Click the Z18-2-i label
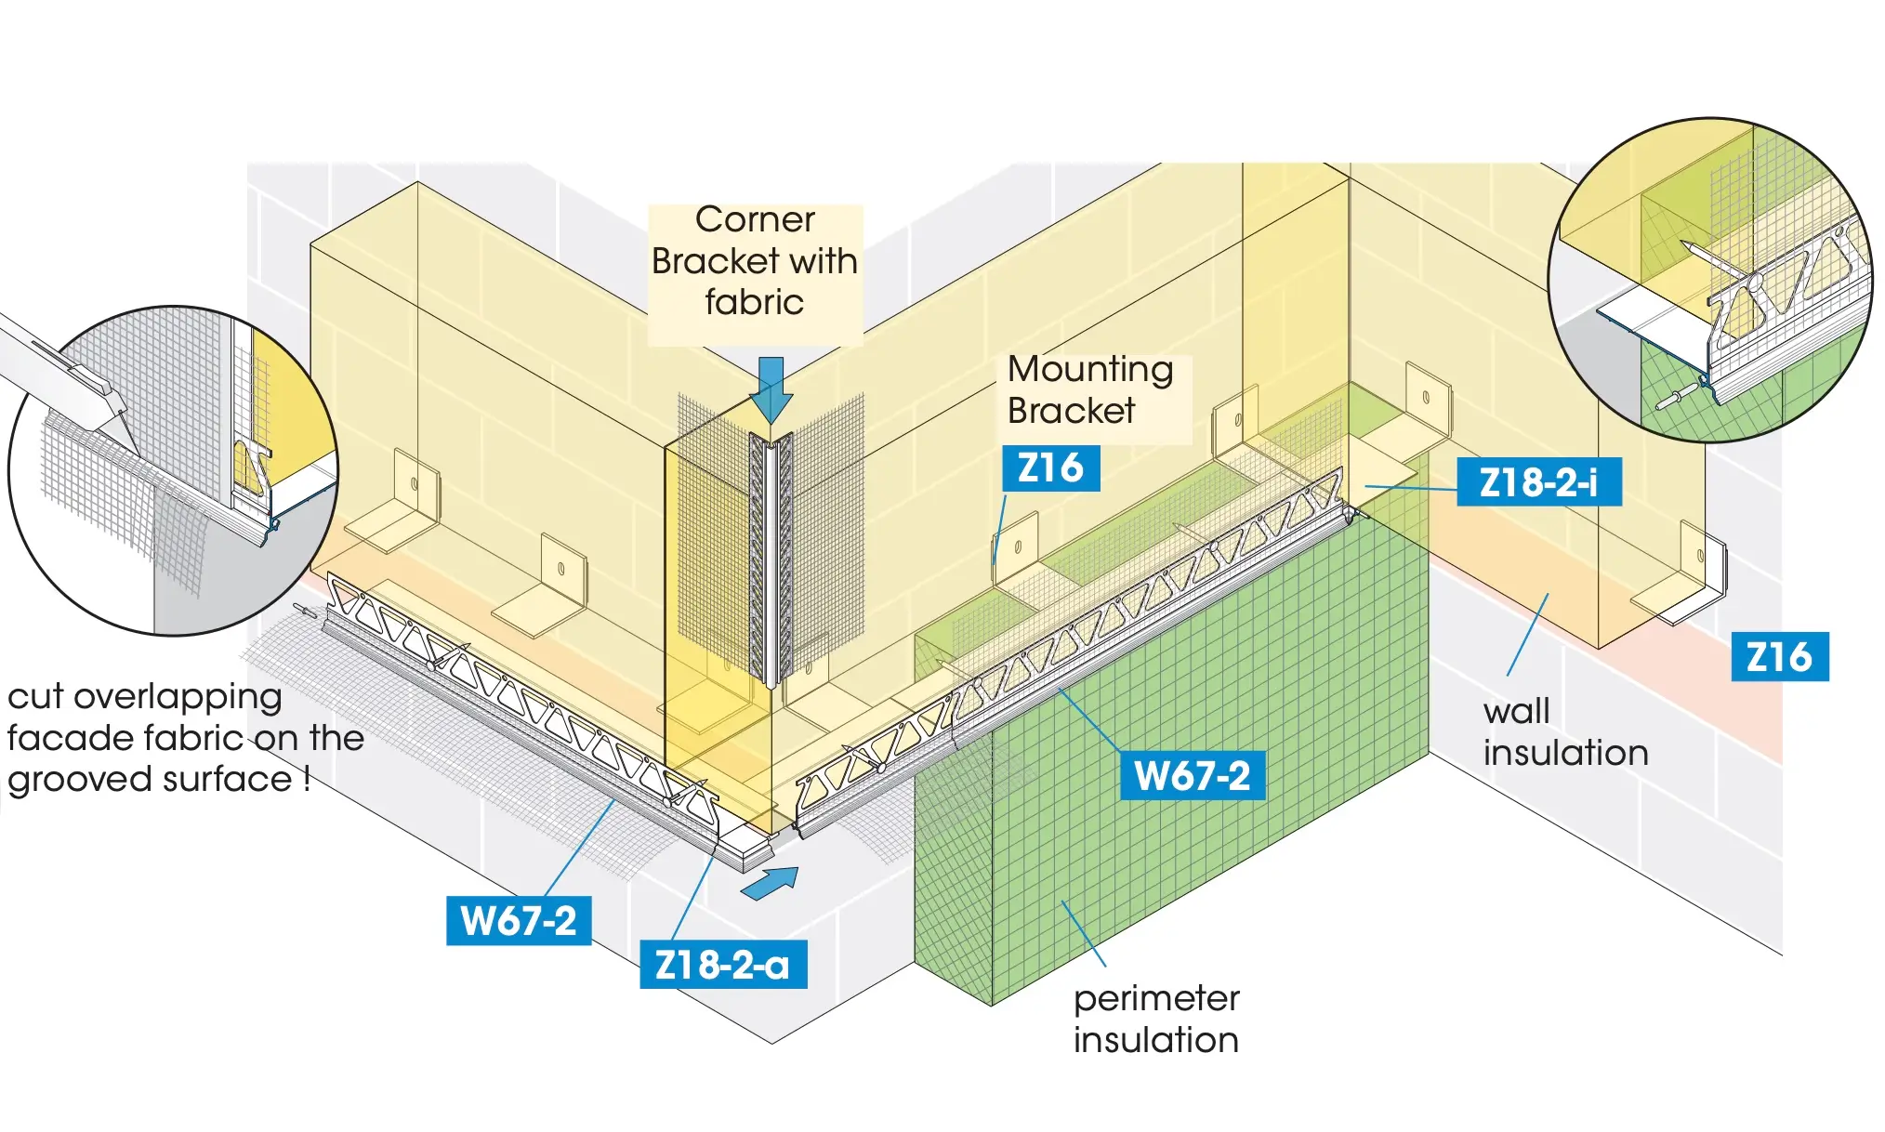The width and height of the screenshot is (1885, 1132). click(x=1538, y=482)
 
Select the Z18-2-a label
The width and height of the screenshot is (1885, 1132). click(x=723, y=965)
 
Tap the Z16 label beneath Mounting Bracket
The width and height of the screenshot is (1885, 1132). click(x=1050, y=468)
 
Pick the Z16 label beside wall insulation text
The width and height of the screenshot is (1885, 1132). click(x=1779, y=657)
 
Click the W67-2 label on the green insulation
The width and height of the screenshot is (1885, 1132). click(x=1193, y=776)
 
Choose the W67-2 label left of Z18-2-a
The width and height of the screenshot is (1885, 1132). click(x=519, y=921)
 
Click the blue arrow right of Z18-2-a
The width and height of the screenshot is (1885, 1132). click(x=771, y=882)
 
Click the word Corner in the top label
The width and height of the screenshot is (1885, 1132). click(x=755, y=220)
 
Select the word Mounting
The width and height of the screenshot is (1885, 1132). click(x=1090, y=370)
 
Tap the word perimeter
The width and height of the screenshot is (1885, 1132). click(x=1156, y=999)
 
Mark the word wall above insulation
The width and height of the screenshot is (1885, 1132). click(x=1516, y=712)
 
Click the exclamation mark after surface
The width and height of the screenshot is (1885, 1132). click(x=306, y=778)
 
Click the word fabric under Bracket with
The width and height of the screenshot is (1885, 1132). click(x=754, y=303)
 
